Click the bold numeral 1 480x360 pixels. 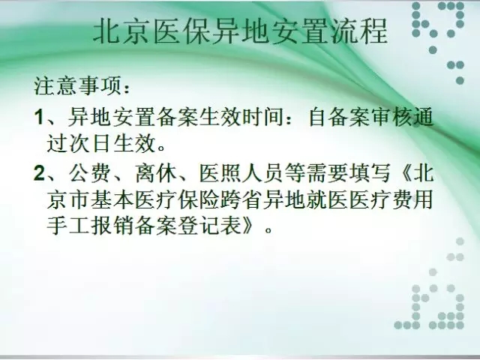tap(38, 117)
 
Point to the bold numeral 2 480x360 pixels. tap(39, 173)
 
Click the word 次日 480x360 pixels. tap(89, 143)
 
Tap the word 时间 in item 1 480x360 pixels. tap(263, 117)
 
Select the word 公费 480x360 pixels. tap(89, 173)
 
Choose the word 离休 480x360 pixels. tap(156, 173)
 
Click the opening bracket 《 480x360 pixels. tap(402, 173)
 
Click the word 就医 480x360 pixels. tap(328, 200)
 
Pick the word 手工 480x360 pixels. tap(67, 226)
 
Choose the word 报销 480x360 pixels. tap(111, 226)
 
